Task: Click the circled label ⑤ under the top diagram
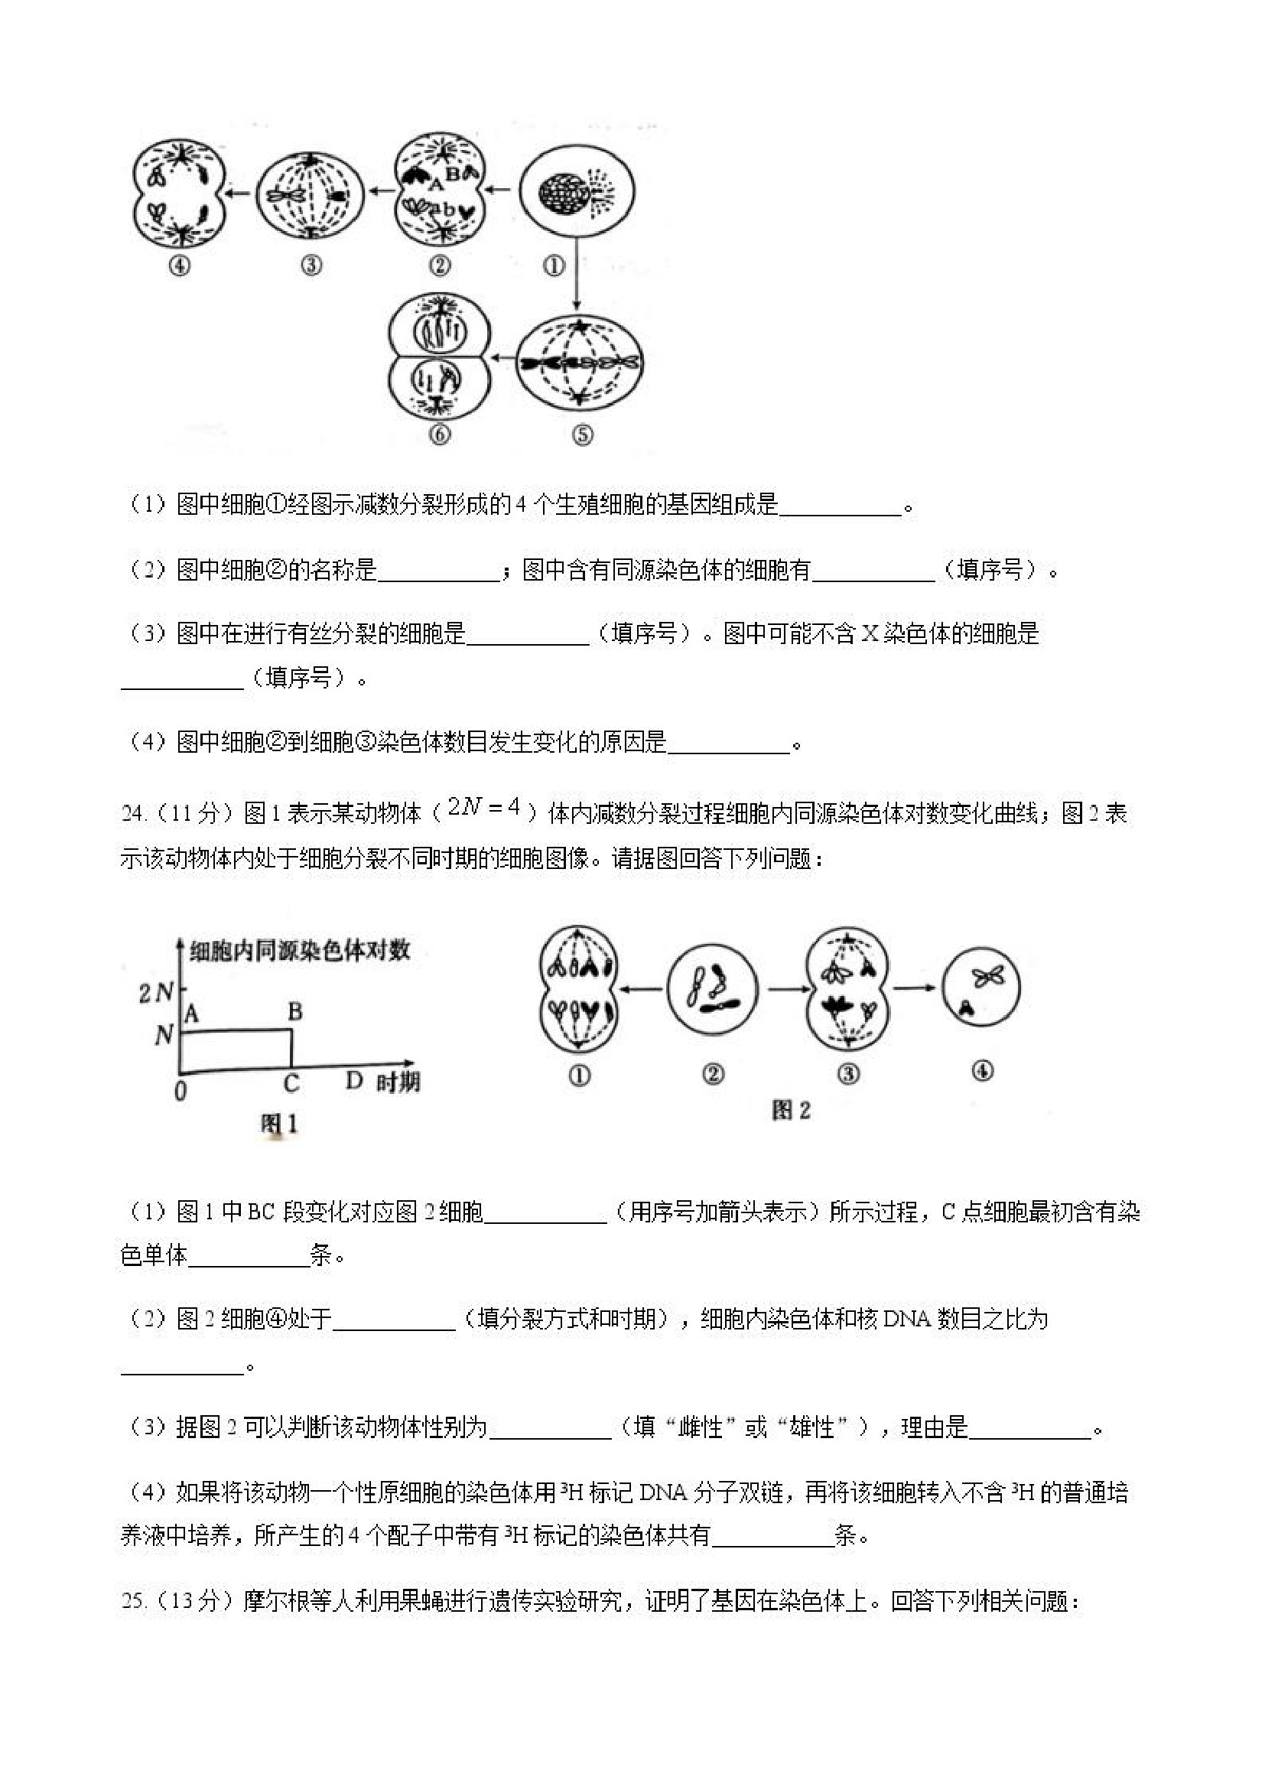pos(583,434)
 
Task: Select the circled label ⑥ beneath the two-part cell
pos(440,434)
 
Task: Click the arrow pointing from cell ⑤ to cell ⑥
pos(502,359)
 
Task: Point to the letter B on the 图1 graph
pos(294,1012)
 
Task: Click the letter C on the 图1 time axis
pos(291,1083)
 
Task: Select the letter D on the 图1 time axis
pos(355,1081)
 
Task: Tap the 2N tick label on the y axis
pos(156,992)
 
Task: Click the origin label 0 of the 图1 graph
pos(180,1090)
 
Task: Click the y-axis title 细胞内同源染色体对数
pos(299,950)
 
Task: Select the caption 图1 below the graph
pos(279,1124)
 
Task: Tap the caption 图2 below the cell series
pos(790,1110)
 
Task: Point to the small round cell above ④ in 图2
pos(980,988)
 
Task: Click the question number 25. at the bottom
pos(133,1600)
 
